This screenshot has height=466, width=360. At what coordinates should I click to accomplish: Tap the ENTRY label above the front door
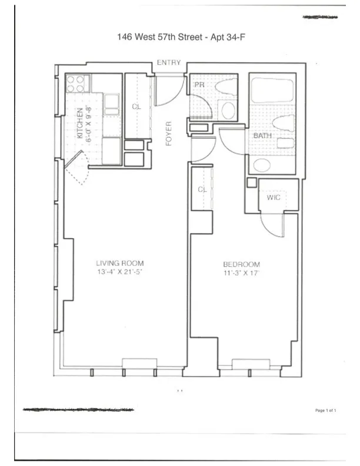[x=168, y=63]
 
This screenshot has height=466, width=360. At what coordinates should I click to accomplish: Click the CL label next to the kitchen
[x=136, y=106]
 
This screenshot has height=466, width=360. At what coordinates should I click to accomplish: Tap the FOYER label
[x=168, y=134]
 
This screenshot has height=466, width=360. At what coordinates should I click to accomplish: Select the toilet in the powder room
[x=224, y=87]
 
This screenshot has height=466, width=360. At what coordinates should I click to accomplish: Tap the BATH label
[x=262, y=136]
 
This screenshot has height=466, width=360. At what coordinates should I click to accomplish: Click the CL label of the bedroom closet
[x=202, y=189]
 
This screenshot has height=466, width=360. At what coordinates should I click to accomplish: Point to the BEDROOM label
[x=241, y=264]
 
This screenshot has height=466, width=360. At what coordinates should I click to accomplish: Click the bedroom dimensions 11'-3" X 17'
[x=241, y=273]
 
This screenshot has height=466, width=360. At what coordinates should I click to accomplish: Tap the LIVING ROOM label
[x=120, y=263]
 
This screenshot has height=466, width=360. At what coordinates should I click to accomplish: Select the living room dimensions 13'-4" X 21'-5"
[x=120, y=272]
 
